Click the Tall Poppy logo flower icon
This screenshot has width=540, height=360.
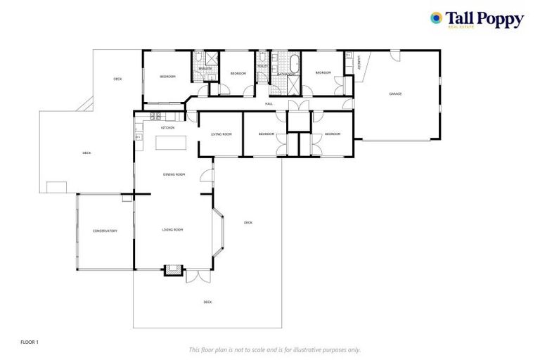[437, 18]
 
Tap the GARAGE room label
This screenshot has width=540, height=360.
[396, 94]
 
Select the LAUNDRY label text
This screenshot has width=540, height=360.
[359, 63]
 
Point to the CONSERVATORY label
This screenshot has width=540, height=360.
[105, 231]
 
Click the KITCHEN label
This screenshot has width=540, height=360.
[167, 128]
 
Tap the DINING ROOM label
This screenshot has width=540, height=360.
[174, 174]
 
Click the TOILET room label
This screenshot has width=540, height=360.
[262, 66]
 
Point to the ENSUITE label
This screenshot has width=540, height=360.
[205, 69]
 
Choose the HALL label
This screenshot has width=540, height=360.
[269, 104]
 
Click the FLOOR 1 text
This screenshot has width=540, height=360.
[30, 342]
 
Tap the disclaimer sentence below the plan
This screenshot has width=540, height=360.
[274, 349]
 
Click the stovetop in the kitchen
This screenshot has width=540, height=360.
[155, 115]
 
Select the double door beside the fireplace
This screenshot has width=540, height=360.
[198, 276]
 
